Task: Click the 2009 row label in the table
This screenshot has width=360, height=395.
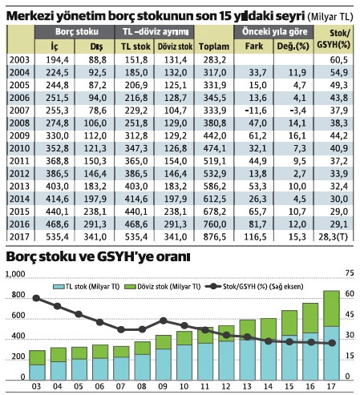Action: point(19,135)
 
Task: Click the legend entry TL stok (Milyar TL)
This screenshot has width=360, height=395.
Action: point(89,285)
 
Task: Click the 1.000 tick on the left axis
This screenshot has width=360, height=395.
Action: point(14,275)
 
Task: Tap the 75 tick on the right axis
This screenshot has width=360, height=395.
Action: point(346,275)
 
